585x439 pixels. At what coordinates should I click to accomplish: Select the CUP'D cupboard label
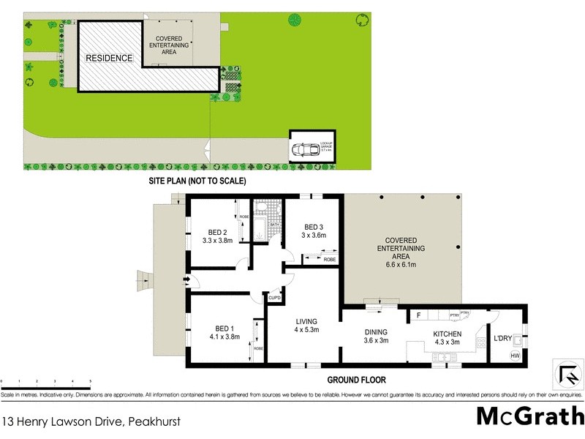[x=275, y=299]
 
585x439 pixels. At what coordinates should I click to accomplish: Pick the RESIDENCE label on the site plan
[x=109, y=58]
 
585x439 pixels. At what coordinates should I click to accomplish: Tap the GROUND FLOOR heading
[x=356, y=380]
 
